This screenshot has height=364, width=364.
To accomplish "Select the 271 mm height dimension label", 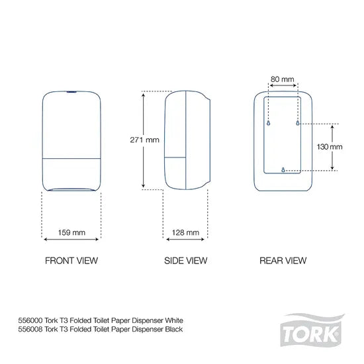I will tap(144, 140).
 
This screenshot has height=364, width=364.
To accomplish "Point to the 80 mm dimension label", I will tap(283, 79).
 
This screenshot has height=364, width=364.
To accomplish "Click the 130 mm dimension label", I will tap(328, 146).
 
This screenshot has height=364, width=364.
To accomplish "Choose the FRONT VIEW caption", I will tap(71, 261).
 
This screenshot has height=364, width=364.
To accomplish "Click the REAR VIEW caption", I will tap(283, 261).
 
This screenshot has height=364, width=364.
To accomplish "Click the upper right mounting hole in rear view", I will tap(297, 124).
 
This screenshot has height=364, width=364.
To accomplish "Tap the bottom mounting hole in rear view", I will tap(283, 170).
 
